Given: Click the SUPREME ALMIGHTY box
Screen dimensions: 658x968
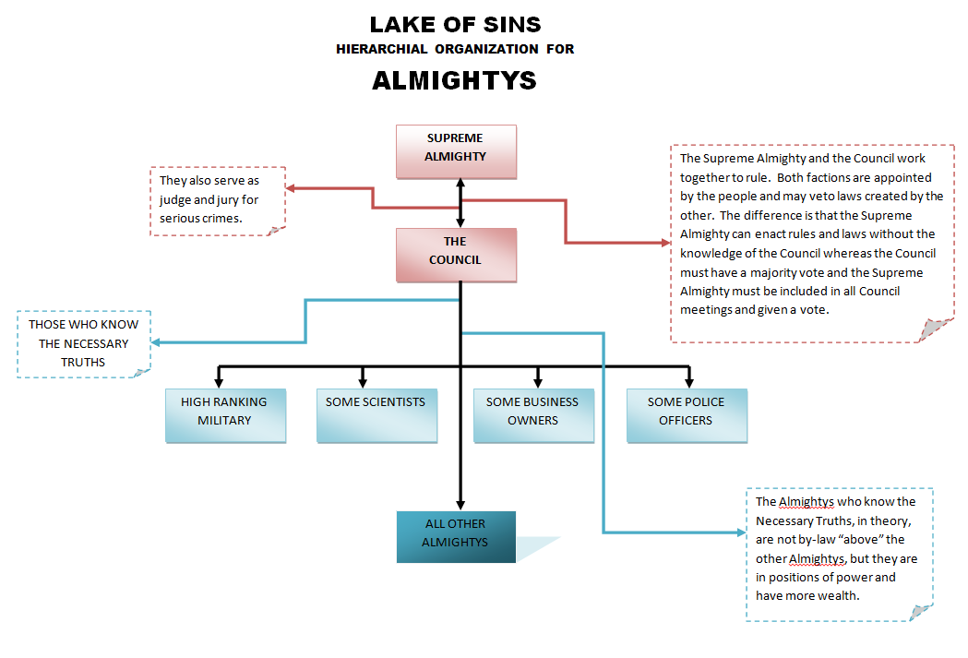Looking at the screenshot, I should tap(456, 150).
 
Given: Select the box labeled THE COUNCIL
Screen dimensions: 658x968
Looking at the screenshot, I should tap(456, 254).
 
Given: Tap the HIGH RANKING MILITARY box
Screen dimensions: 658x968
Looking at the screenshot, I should tap(225, 414).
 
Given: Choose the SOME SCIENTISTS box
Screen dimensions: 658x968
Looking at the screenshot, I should tap(376, 414).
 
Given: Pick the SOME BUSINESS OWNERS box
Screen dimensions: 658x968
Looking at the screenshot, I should tap(532, 414).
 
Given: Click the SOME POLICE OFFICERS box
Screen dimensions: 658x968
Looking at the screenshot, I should tap(686, 414).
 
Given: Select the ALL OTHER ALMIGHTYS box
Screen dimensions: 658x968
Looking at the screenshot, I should tap(456, 536).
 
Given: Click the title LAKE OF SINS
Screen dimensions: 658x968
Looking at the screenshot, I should tap(455, 25).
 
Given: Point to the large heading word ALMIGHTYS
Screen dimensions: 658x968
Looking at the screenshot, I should tap(454, 81).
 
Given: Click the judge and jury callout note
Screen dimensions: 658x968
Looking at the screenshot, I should tap(218, 200).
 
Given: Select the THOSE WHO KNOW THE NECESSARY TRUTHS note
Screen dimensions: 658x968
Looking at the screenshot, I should tap(84, 343).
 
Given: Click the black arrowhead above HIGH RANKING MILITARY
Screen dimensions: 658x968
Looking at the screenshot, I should tap(219, 380).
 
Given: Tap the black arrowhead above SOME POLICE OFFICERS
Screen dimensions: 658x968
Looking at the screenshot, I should tap(688, 380).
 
